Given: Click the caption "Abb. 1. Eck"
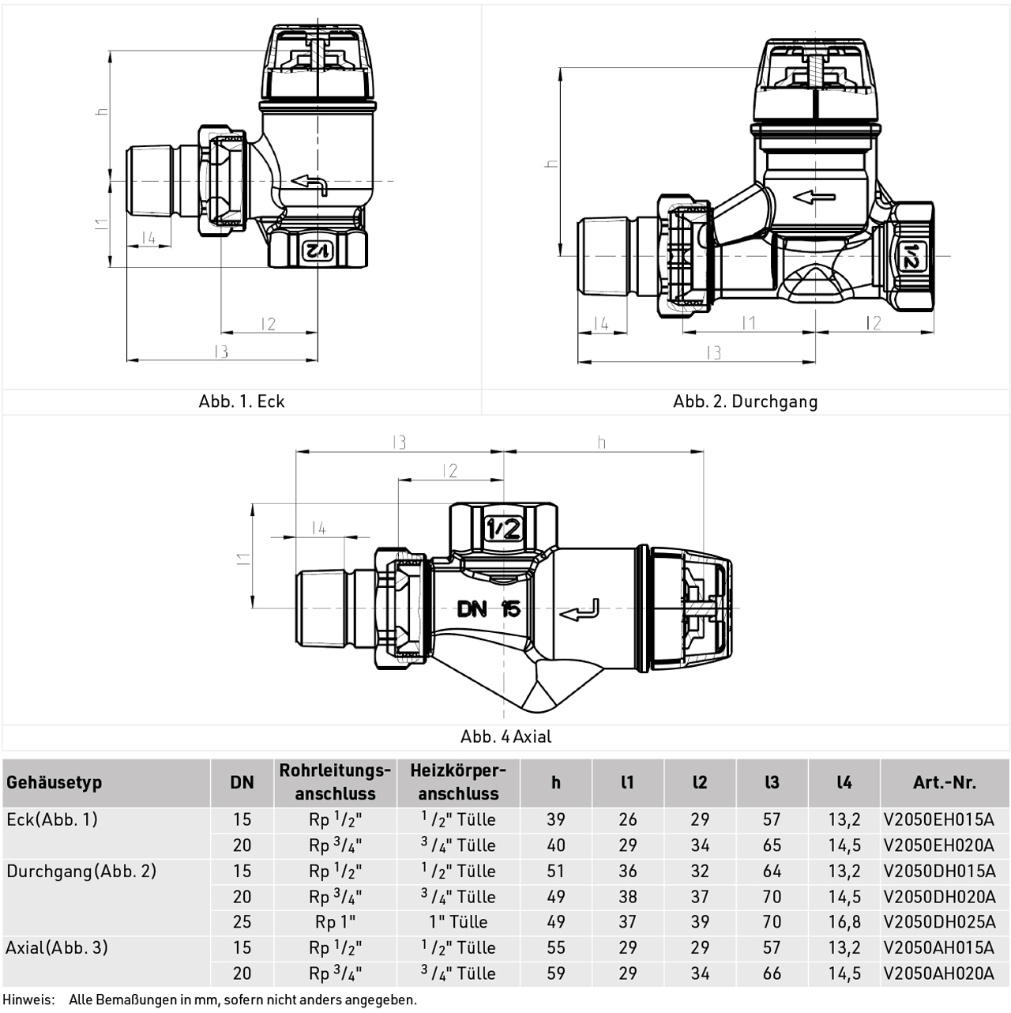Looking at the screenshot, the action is [241, 401].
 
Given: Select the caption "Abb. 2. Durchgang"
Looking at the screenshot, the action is [745, 401].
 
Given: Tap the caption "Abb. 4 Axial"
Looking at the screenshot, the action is [505, 736].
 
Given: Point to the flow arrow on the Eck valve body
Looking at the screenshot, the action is [309, 185].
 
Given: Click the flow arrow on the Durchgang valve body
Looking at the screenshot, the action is [814, 198].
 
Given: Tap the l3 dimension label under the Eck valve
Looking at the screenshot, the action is [221, 351].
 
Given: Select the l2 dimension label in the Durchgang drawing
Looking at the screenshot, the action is [873, 322].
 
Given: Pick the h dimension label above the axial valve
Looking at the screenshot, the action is [602, 442].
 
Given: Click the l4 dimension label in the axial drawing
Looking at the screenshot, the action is [318, 528].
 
